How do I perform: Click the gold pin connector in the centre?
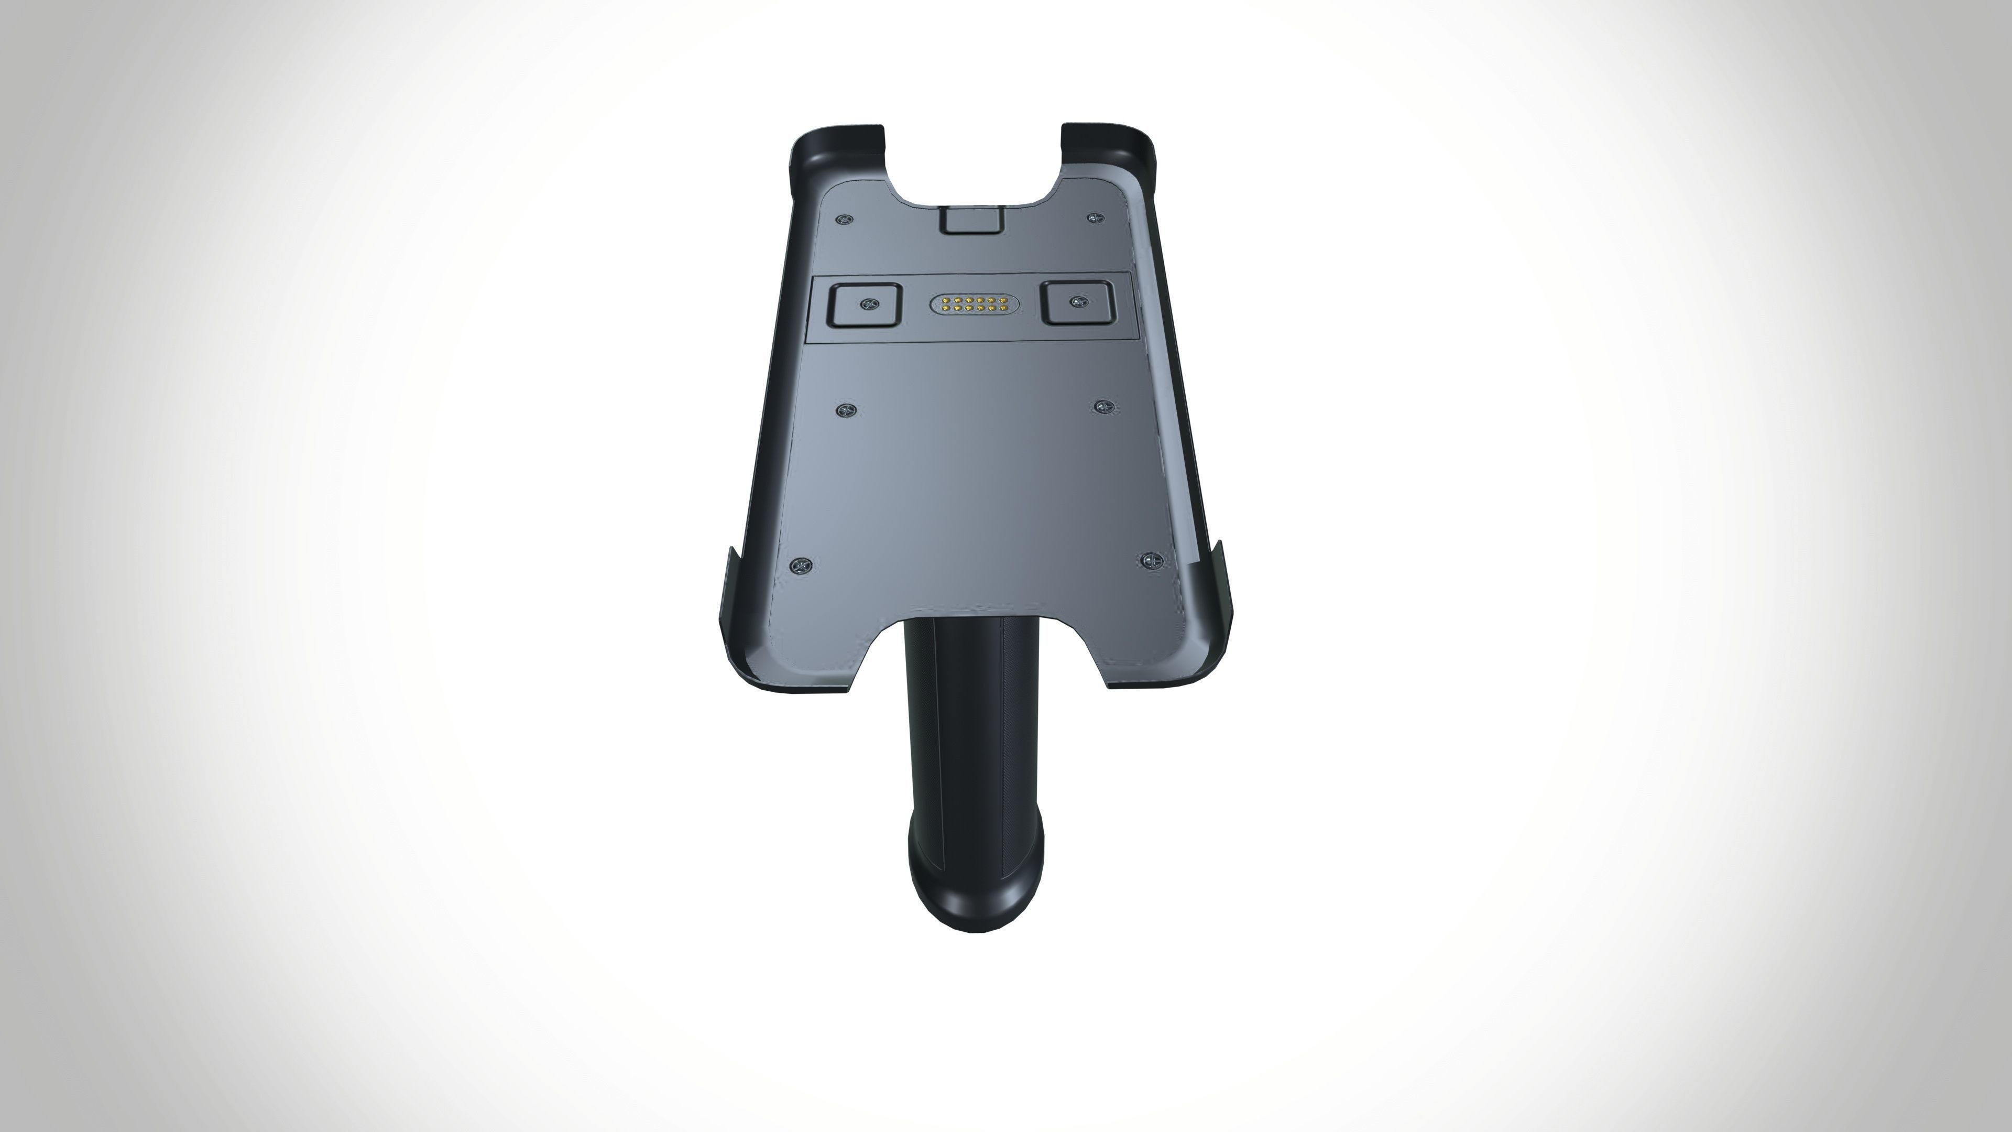point(968,304)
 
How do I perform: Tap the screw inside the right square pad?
point(1078,301)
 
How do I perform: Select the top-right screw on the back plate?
point(1095,216)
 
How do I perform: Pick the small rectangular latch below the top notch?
point(971,220)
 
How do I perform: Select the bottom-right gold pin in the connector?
point(991,309)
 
